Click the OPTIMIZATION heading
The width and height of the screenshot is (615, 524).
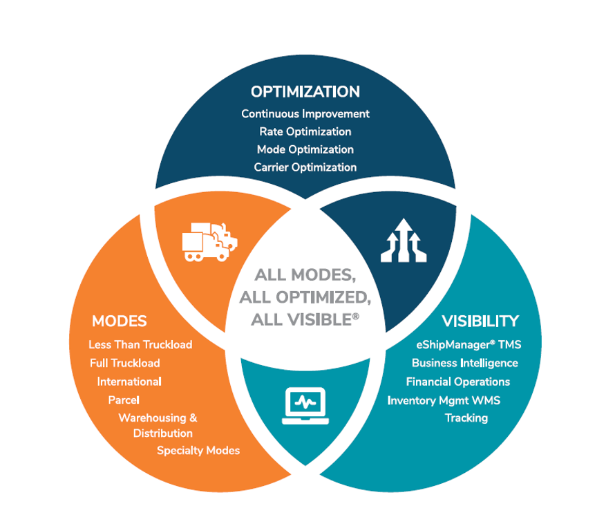(x=305, y=92)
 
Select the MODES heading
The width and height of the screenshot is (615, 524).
(x=120, y=321)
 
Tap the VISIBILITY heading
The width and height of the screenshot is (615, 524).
(x=480, y=321)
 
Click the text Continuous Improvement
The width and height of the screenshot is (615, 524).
(x=305, y=114)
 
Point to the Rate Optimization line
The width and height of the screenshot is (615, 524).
(x=305, y=132)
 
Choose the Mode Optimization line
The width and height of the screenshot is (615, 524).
(x=305, y=150)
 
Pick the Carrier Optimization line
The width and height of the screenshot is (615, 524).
(x=305, y=167)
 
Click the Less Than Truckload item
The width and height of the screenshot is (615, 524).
(x=140, y=345)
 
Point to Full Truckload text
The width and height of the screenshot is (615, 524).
(x=125, y=363)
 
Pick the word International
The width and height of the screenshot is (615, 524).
(x=129, y=382)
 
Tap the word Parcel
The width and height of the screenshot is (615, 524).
(x=124, y=400)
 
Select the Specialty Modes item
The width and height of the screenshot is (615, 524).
(x=198, y=451)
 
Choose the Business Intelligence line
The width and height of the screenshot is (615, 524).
(x=465, y=363)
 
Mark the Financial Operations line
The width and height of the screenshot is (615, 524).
(x=458, y=382)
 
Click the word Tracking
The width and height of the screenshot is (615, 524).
(x=466, y=418)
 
